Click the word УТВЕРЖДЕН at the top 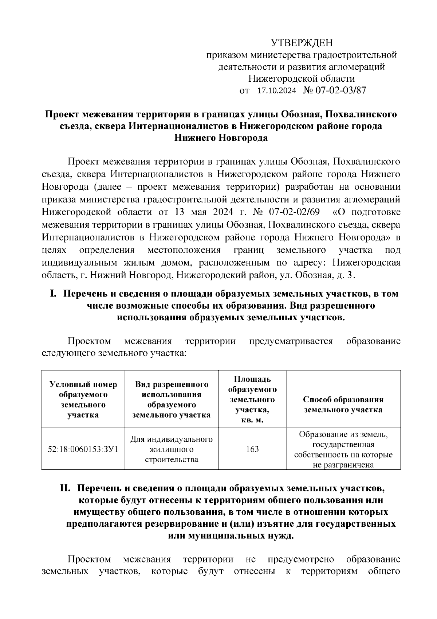coord(302,43)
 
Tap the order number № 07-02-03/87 coord(334,90)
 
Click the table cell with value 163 coord(252,449)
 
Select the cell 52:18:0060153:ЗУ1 coord(83,449)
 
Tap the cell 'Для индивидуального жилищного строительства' coord(172,449)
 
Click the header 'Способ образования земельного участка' coord(343,405)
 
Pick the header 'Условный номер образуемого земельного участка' coord(83,399)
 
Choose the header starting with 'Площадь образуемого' coord(252,399)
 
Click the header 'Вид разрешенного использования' coord(172,399)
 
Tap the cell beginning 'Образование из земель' coord(343,449)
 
